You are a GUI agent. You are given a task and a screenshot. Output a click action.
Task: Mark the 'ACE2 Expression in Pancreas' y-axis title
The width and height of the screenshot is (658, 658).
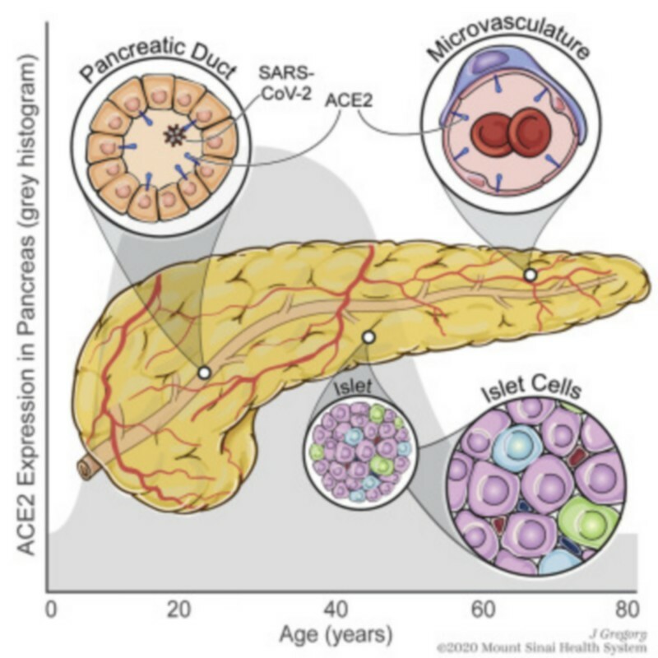[x=24, y=304]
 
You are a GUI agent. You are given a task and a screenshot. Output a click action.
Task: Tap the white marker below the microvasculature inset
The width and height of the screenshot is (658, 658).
[x=531, y=274]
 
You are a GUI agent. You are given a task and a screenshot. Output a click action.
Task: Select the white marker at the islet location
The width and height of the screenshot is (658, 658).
[x=368, y=336]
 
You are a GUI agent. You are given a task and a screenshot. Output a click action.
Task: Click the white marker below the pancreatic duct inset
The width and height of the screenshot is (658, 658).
[x=205, y=373]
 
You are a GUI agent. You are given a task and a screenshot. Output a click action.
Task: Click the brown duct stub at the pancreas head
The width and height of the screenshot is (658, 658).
[x=85, y=468]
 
